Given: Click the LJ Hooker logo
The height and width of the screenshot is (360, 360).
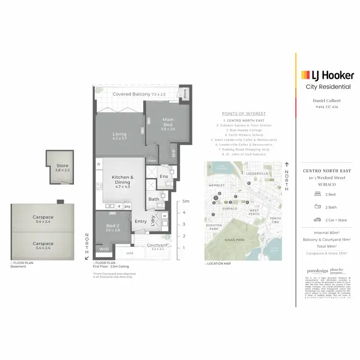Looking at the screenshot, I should pos(327,75).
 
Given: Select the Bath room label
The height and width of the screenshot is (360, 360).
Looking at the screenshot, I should pos(154,199).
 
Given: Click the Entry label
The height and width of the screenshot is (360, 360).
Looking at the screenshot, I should pos(141,221).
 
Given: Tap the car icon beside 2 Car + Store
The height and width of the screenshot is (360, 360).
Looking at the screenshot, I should pos(317,219).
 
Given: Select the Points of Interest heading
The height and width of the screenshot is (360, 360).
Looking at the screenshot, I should pos(244,114).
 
